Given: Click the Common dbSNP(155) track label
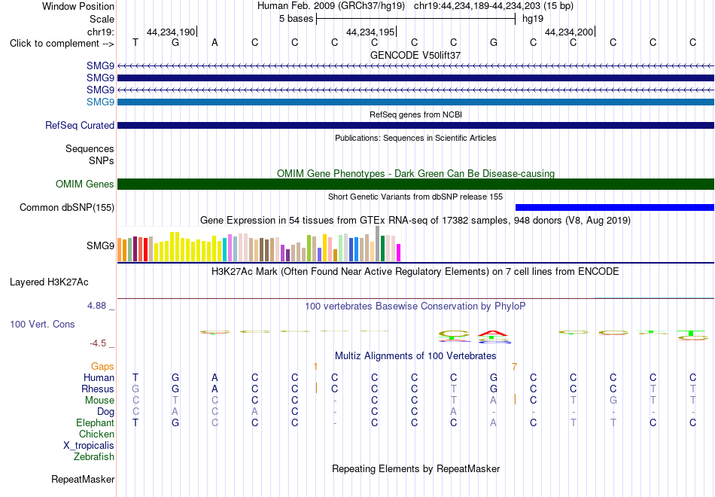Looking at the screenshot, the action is click(x=67, y=208).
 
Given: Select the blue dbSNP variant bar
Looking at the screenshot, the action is click(x=615, y=208).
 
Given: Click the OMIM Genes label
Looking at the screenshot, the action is click(x=85, y=184).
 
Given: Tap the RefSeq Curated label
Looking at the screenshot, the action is click(x=80, y=126).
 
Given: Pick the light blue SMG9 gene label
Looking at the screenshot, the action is click(x=100, y=102).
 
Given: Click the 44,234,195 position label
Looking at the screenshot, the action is click(x=370, y=32).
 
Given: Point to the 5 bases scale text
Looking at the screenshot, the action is click(x=297, y=19).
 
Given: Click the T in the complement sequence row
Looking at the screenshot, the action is click(x=135, y=43).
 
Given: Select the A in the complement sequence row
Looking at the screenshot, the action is click(x=214, y=43).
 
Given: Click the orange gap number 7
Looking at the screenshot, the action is click(x=514, y=367).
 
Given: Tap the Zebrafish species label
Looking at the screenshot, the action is click(x=94, y=457).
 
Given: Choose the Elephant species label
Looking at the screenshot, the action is click(x=95, y=423).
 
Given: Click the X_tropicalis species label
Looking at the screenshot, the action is click(x=89, y=446).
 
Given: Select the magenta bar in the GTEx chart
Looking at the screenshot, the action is click(x=398, y=253).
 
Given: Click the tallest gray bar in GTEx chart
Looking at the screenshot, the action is click(x=378, y=244).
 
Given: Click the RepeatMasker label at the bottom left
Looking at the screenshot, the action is click(x=83, y=480).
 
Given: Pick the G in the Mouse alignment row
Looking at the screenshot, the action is click(x=613, y=401).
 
